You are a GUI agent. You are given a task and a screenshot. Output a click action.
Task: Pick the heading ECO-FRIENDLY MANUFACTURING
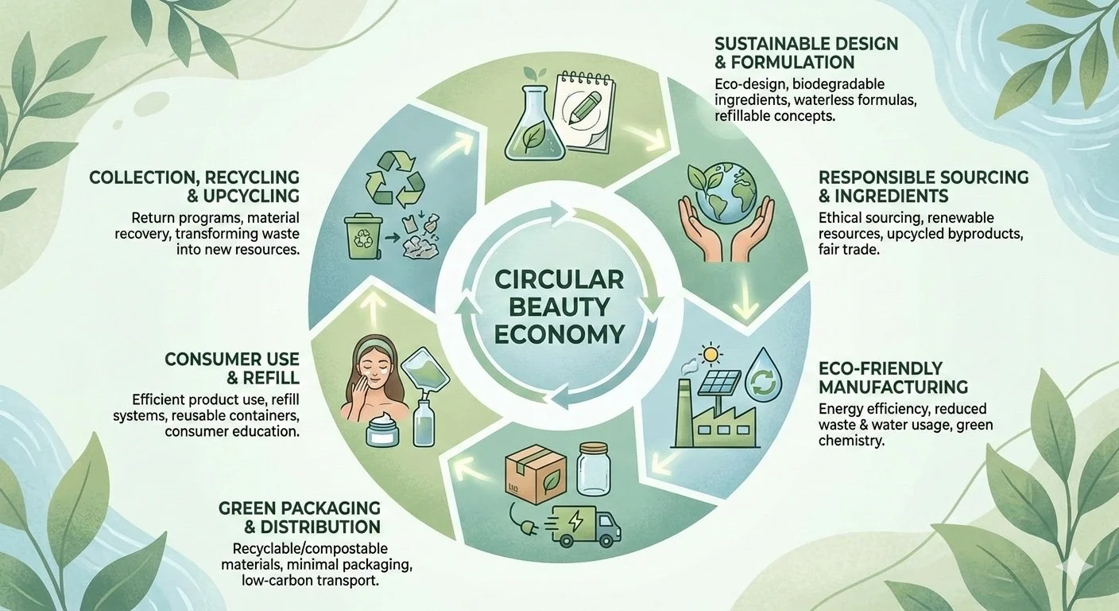pos(893,378)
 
